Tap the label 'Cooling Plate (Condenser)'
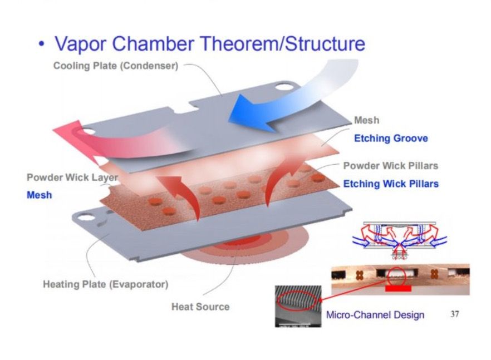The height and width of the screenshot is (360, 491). tap(116, 66)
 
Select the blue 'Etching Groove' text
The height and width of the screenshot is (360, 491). tap(391, 138)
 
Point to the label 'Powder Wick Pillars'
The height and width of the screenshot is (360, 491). tap(390, 166)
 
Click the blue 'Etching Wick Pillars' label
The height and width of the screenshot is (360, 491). tap(390, 184)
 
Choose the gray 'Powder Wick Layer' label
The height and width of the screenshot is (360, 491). tap(72, 177)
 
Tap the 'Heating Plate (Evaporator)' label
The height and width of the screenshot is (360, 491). tap(105, 285)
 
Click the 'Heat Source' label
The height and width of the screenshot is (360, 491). tap(200, 306)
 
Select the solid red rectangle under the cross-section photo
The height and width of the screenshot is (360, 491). tap(397, 289)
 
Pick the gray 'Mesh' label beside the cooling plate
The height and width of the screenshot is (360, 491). tap(366, 120)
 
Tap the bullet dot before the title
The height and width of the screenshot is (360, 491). tap(41, 44)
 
